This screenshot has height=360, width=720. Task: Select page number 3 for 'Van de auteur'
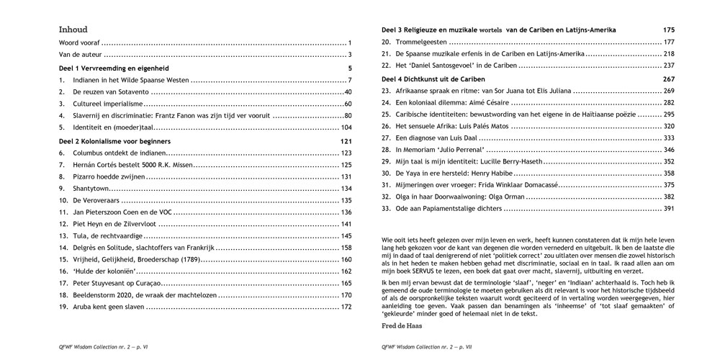pyautogui.click(x=348, y=55)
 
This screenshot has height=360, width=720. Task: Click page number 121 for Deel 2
pyautogui.click(x=345, y=142)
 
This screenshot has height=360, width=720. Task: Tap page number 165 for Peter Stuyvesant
pyautogui.click(x=346, y=284)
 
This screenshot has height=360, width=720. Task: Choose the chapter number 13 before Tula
pyautogui.click(x=63, y=235)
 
